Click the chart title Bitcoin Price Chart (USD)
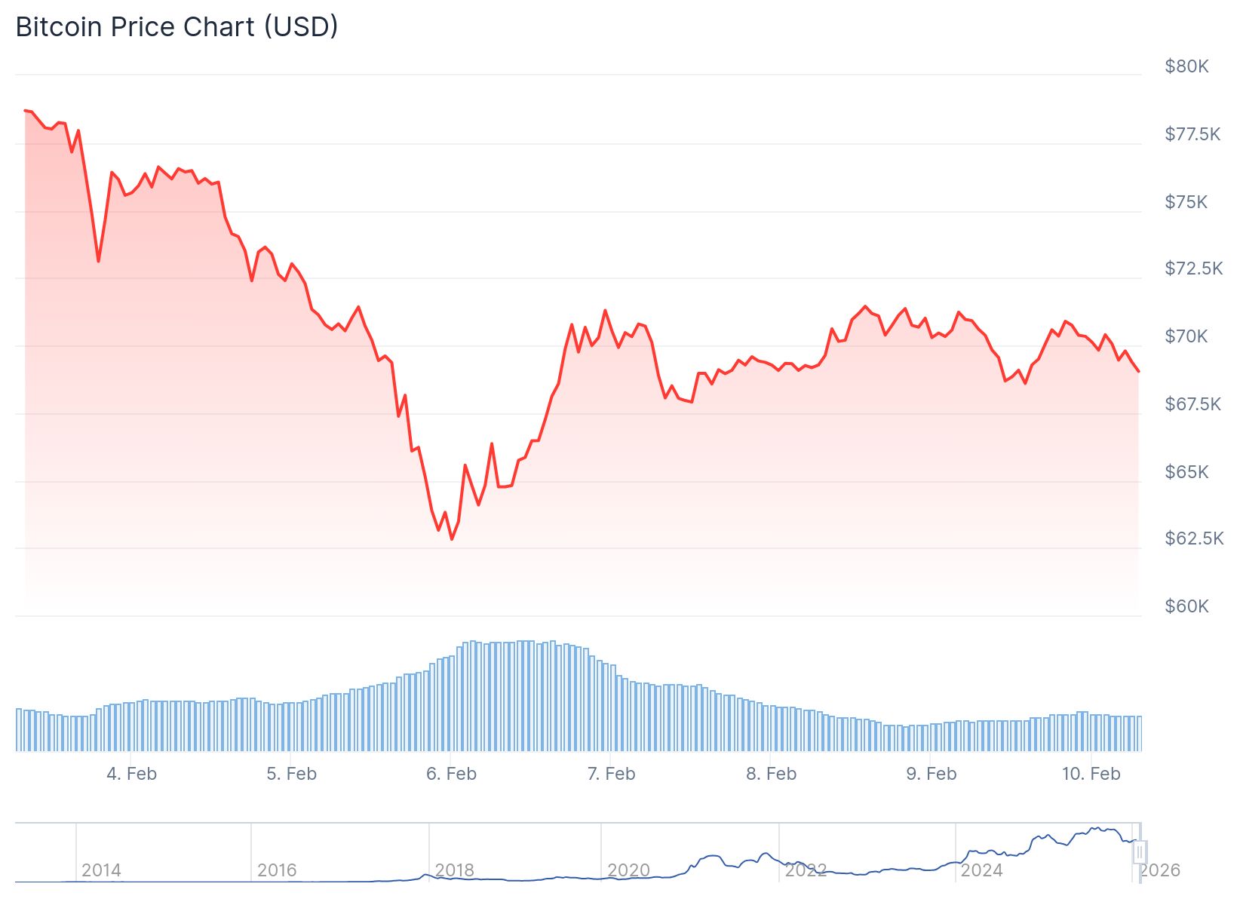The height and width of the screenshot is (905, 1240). (x=176, y=27)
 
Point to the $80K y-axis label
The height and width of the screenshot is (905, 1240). (x=1186, y=66)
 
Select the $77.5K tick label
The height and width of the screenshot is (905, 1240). (x=1192, y=134)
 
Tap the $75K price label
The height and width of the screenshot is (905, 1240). (x=1186, y=202)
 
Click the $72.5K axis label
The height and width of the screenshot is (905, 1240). (x=1193, y=268)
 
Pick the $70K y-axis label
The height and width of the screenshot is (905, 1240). (x=1186, y=336)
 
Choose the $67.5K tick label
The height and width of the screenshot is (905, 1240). (x=1192, y=404)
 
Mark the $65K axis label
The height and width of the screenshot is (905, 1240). (x=1186, y=472)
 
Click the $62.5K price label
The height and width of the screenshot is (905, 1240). (x=1193, y=538)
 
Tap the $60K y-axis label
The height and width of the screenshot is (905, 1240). (x=1186, y=606)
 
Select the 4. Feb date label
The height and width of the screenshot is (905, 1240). (x=131, y=774)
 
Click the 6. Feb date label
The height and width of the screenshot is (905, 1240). (x=451, y=774)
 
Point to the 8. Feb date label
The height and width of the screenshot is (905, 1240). (x=771, y=774)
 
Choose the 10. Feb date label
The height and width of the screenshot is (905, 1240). (x=1091, y=774)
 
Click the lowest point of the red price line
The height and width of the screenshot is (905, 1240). (x=452, y=539)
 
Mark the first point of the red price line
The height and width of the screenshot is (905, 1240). (x=25, y=111)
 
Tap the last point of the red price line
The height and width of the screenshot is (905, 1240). (x=1138, y=371)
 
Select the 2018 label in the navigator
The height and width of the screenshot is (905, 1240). (x=454, y=870)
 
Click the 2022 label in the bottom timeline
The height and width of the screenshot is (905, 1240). (x=806, y=870)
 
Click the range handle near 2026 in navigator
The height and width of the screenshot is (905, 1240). (x=1140, y=852)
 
